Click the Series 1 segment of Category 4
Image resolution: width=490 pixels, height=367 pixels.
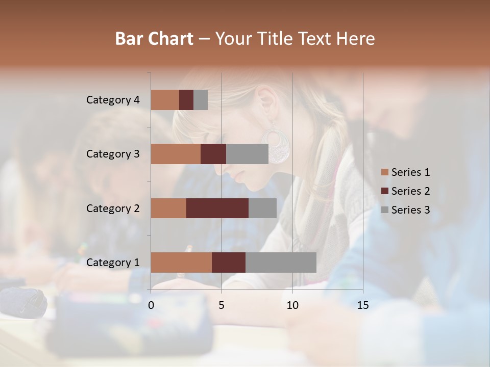click(x=165, y=100)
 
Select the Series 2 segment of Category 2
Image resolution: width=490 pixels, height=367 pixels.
click(x=217, y=208)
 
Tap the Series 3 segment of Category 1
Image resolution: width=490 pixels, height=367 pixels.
click(x=281, y=262)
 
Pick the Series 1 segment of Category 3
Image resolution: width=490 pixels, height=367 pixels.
click(x=176, y=154)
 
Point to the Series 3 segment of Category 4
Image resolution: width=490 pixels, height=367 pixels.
click(x=201, y=100)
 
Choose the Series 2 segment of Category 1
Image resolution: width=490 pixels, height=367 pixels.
click(x=229, y=262)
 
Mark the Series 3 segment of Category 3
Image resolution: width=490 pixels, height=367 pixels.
click(x=247, y=154)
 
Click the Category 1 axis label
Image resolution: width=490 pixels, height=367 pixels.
click(x=113, y=263)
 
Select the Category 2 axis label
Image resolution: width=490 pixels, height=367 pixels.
click(x=113, y=208)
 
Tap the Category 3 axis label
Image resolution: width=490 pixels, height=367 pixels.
click(x=113, y=154)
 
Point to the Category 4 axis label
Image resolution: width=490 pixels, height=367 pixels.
click(x=113, y=100)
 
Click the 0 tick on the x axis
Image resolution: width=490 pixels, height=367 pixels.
click(x=151, y=305)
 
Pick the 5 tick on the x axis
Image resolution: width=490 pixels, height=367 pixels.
click(x=222, y=305)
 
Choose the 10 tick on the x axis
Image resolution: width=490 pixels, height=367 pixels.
click(x=292, y=305)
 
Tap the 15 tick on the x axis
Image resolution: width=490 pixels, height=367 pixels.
click(x=363, y=305)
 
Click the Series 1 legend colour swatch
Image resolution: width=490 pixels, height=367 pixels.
click(x=385, y=172)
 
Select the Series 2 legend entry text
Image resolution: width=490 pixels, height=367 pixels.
click(x=410, y=191)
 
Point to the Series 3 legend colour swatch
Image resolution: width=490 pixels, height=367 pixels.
click(x=385, y=210)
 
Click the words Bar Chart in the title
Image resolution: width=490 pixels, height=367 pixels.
click(x=154, y=38)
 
